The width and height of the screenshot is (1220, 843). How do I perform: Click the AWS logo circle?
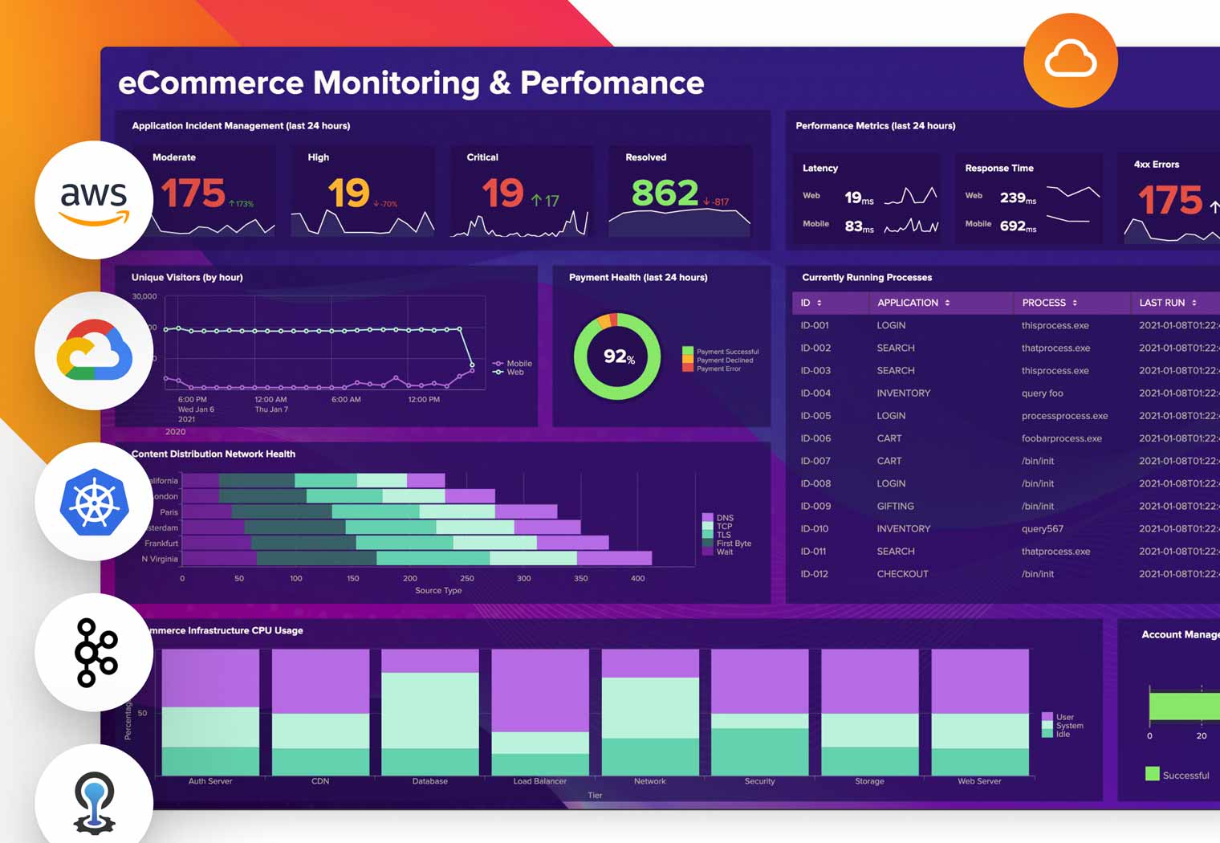94,200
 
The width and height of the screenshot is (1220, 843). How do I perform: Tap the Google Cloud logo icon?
94,351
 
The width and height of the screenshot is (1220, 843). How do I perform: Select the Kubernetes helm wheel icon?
94,502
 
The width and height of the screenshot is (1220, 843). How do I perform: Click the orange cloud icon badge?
1070,60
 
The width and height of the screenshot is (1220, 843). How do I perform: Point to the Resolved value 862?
665,193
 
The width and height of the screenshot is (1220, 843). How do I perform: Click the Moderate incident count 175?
193,193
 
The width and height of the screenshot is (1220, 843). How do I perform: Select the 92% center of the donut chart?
618,356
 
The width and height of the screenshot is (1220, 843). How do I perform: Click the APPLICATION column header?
907,303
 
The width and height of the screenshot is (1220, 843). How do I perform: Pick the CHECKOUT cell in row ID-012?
902,574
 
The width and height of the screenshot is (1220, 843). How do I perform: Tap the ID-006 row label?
815,438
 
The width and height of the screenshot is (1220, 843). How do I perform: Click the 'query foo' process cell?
1042,393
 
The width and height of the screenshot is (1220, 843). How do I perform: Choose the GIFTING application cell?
895,507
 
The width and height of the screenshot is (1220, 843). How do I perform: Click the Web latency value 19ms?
858,198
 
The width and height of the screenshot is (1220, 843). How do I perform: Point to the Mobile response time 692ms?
1017,226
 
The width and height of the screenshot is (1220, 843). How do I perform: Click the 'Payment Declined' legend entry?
724,360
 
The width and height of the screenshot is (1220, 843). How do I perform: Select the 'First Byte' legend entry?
733,544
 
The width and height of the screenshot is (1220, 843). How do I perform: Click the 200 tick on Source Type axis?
410,578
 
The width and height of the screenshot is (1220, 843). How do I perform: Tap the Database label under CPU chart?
429,781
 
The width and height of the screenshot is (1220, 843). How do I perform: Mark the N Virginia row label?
160,559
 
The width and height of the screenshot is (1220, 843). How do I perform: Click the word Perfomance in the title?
612,83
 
